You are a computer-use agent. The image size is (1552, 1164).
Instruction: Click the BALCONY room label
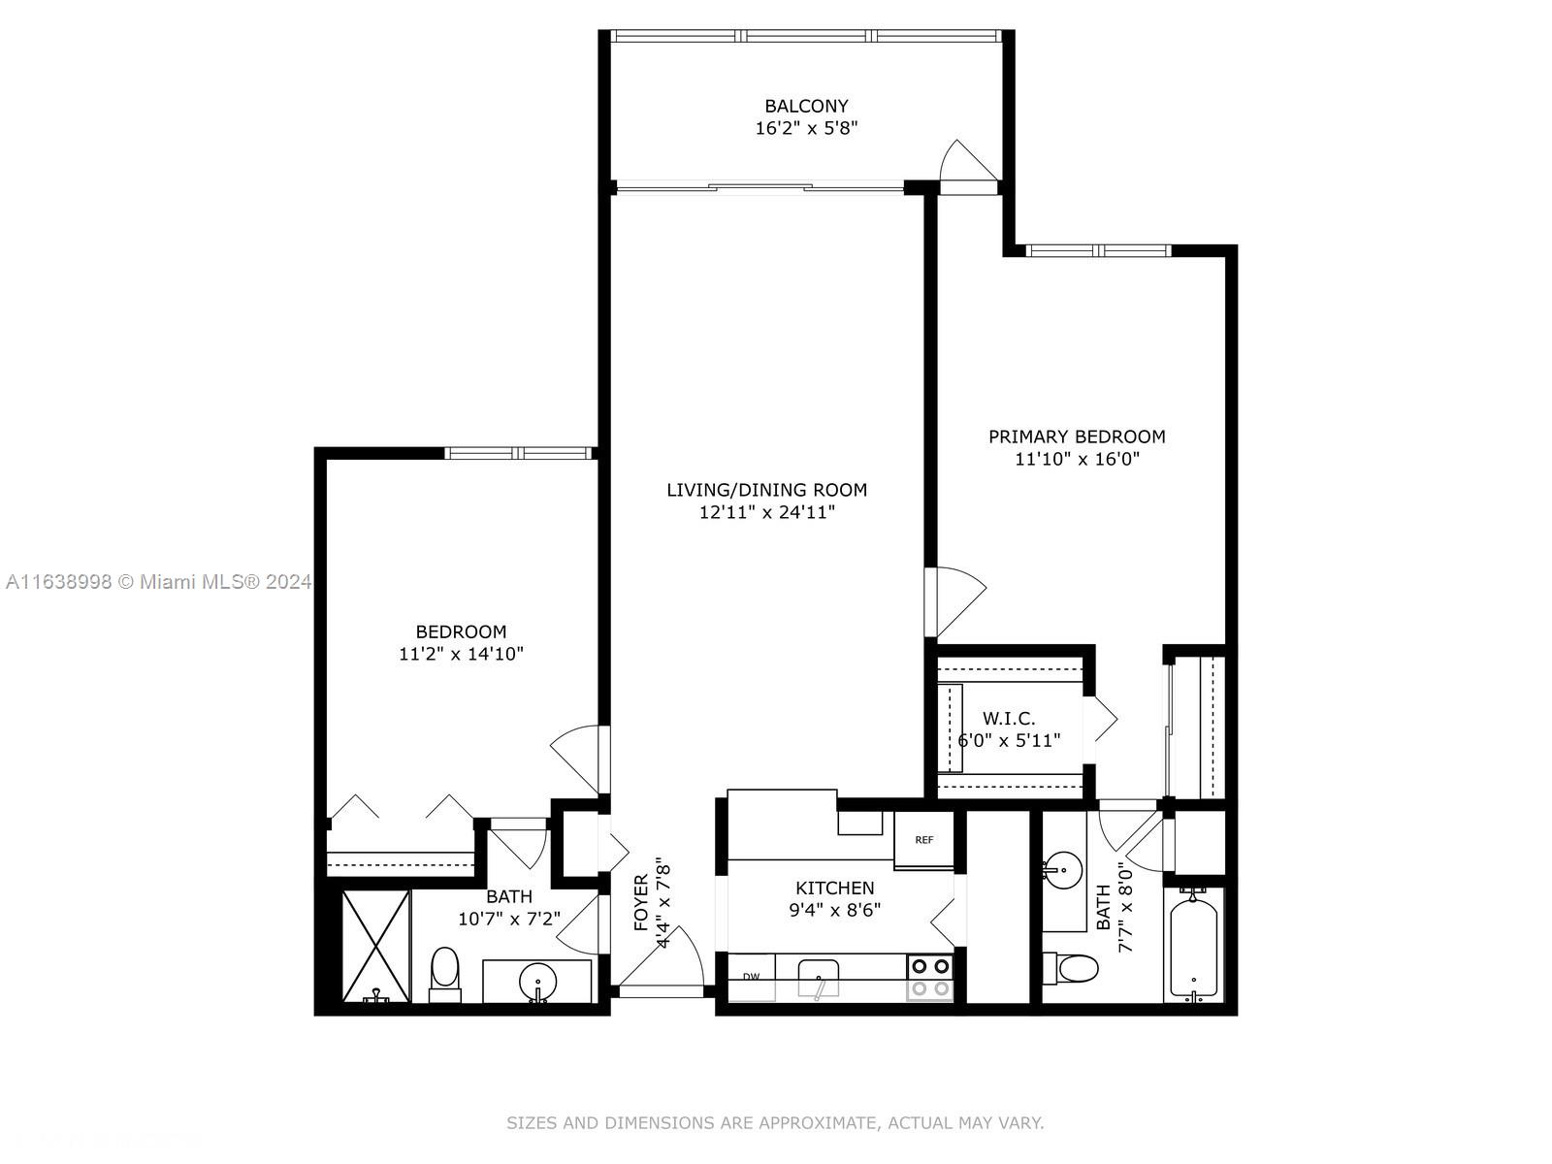pyautogui.click(x=806, y=106)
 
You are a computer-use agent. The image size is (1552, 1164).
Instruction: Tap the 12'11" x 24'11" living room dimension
pyautogui.click(x=767, y=512)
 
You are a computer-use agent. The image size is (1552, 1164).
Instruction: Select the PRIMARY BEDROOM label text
pyautogui.click(x=1077, y=436)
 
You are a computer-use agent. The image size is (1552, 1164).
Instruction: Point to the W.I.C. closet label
pyautogui.click(x=1009, y=719)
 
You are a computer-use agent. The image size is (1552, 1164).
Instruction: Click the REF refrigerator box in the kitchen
pyautogui.click(x=924, y=840)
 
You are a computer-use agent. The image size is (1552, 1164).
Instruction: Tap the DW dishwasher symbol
pyautogui.click(x=752, y=978)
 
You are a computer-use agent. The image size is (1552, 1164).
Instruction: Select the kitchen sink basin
pyautogui.click(x=818, y=978)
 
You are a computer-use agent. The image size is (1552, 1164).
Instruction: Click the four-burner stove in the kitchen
pyautogui.click(x=930, y=978)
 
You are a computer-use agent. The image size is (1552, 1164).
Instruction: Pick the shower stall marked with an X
pyautogui.click(x=376, y=947)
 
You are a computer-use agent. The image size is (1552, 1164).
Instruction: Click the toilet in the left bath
pyautogui.click(x=444, y=975)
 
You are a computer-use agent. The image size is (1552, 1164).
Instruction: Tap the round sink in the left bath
pyautogui.click(x=538, y=981)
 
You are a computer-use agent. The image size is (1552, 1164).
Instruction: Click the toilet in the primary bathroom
pyautogui.click(x=1071, y=968)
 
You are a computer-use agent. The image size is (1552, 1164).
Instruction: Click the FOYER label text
pyautogui.click(x=641, y=902)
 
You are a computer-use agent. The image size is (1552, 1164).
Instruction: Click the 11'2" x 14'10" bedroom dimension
pyautogui.click(x=461, y=654)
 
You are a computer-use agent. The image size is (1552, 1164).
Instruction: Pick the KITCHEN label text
pyautogui.click(x=835, y=888)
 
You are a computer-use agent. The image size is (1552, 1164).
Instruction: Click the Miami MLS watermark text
pyautogui.click(x=158, y=582)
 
